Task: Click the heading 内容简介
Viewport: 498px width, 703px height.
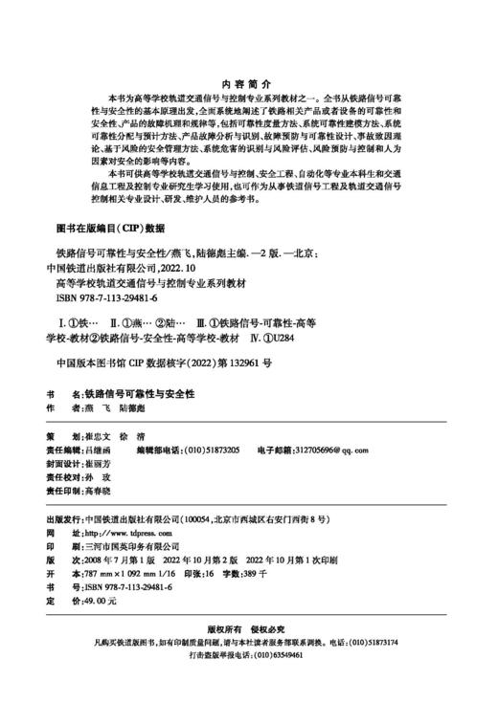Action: click(247, 83)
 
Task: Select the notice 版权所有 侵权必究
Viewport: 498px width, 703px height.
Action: click(247, 629)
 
